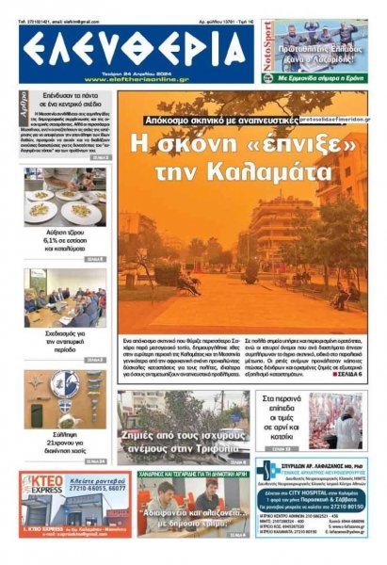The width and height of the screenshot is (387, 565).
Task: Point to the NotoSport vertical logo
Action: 267,51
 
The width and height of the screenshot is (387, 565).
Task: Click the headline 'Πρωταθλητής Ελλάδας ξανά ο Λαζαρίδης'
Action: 322,39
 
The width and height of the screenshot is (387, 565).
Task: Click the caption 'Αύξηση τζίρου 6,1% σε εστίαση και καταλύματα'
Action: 65,246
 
